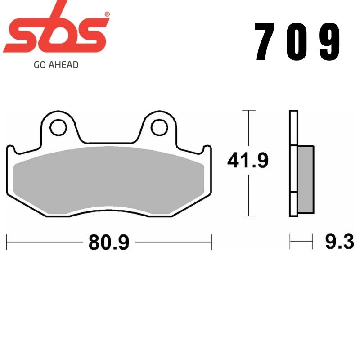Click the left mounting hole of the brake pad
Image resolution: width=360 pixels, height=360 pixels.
[x=58, y=128]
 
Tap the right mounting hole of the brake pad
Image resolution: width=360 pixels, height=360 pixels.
[x=159, y=128]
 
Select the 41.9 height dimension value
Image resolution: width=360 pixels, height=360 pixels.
[x=247, y=161]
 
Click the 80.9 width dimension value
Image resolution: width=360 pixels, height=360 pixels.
[x=109, y=243]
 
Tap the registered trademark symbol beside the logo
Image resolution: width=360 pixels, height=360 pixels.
[x=107, y=14]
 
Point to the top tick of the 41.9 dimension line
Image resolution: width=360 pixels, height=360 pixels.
[x=248, y=110]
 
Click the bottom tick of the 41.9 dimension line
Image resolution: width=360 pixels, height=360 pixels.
[x=248, y=216]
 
